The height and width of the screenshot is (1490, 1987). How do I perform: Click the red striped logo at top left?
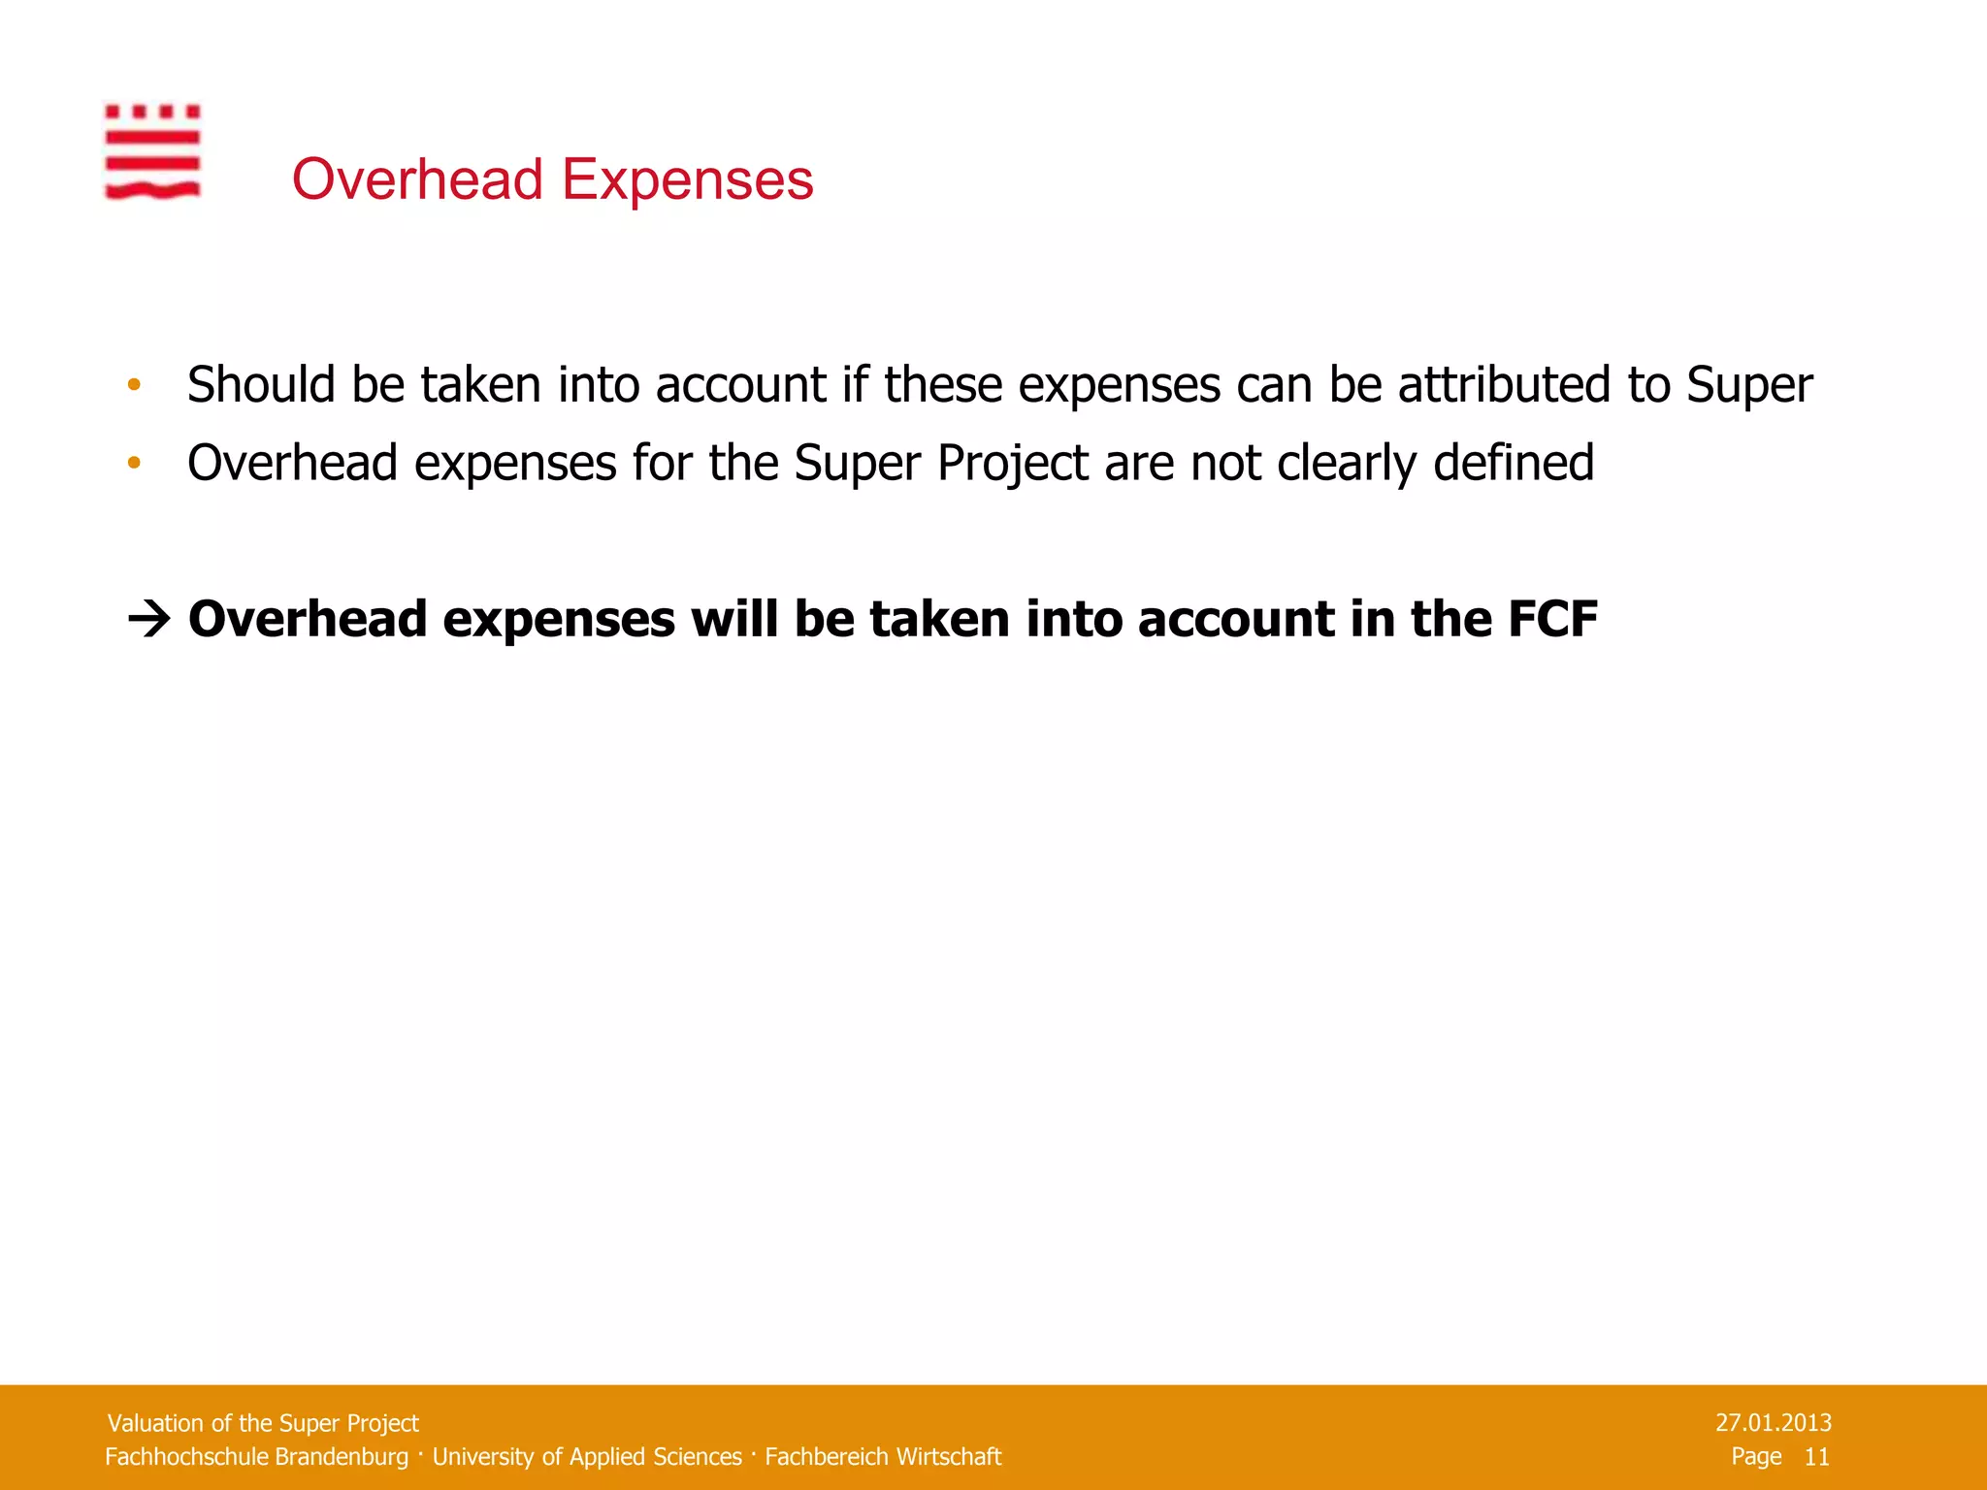point(152,152)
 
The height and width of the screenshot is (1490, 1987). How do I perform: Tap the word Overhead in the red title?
point(417,179)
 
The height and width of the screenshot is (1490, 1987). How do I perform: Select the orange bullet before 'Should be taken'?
point(134,385)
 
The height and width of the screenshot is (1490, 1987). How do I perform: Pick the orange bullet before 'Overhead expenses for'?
point(134,463)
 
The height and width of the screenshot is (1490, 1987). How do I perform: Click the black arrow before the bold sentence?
point(149,619)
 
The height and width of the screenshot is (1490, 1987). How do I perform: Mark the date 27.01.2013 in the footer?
point(1773,1423)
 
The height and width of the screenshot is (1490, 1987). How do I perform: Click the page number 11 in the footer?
point(1816,1457)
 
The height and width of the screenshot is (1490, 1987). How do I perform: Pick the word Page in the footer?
point(1756,1457)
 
